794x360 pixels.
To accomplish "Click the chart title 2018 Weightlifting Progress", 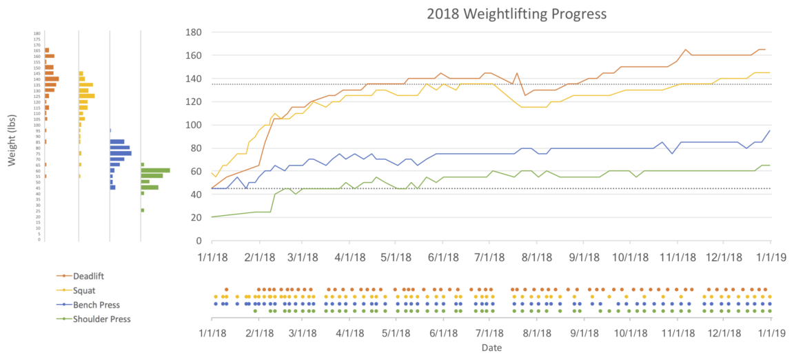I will click(516, 14).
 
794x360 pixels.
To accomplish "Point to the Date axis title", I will click(491, 348).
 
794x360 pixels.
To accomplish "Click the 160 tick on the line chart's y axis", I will click(193, 56).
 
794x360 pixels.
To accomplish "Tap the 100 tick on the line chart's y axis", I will click(193, 125).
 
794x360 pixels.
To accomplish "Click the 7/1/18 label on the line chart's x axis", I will click(490, 257).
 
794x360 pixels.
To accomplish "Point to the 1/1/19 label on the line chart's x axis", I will click(769, 257).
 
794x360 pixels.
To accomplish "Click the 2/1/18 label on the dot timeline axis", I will click(258, 332).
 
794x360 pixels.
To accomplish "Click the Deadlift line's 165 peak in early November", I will click(686, 50).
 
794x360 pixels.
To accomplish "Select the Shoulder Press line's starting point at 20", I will click(212, 217).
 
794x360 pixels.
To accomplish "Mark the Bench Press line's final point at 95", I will click(770, 130).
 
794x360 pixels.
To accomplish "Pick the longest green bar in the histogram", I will click(155, 170).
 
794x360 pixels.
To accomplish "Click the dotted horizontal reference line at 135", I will click(482, 84).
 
